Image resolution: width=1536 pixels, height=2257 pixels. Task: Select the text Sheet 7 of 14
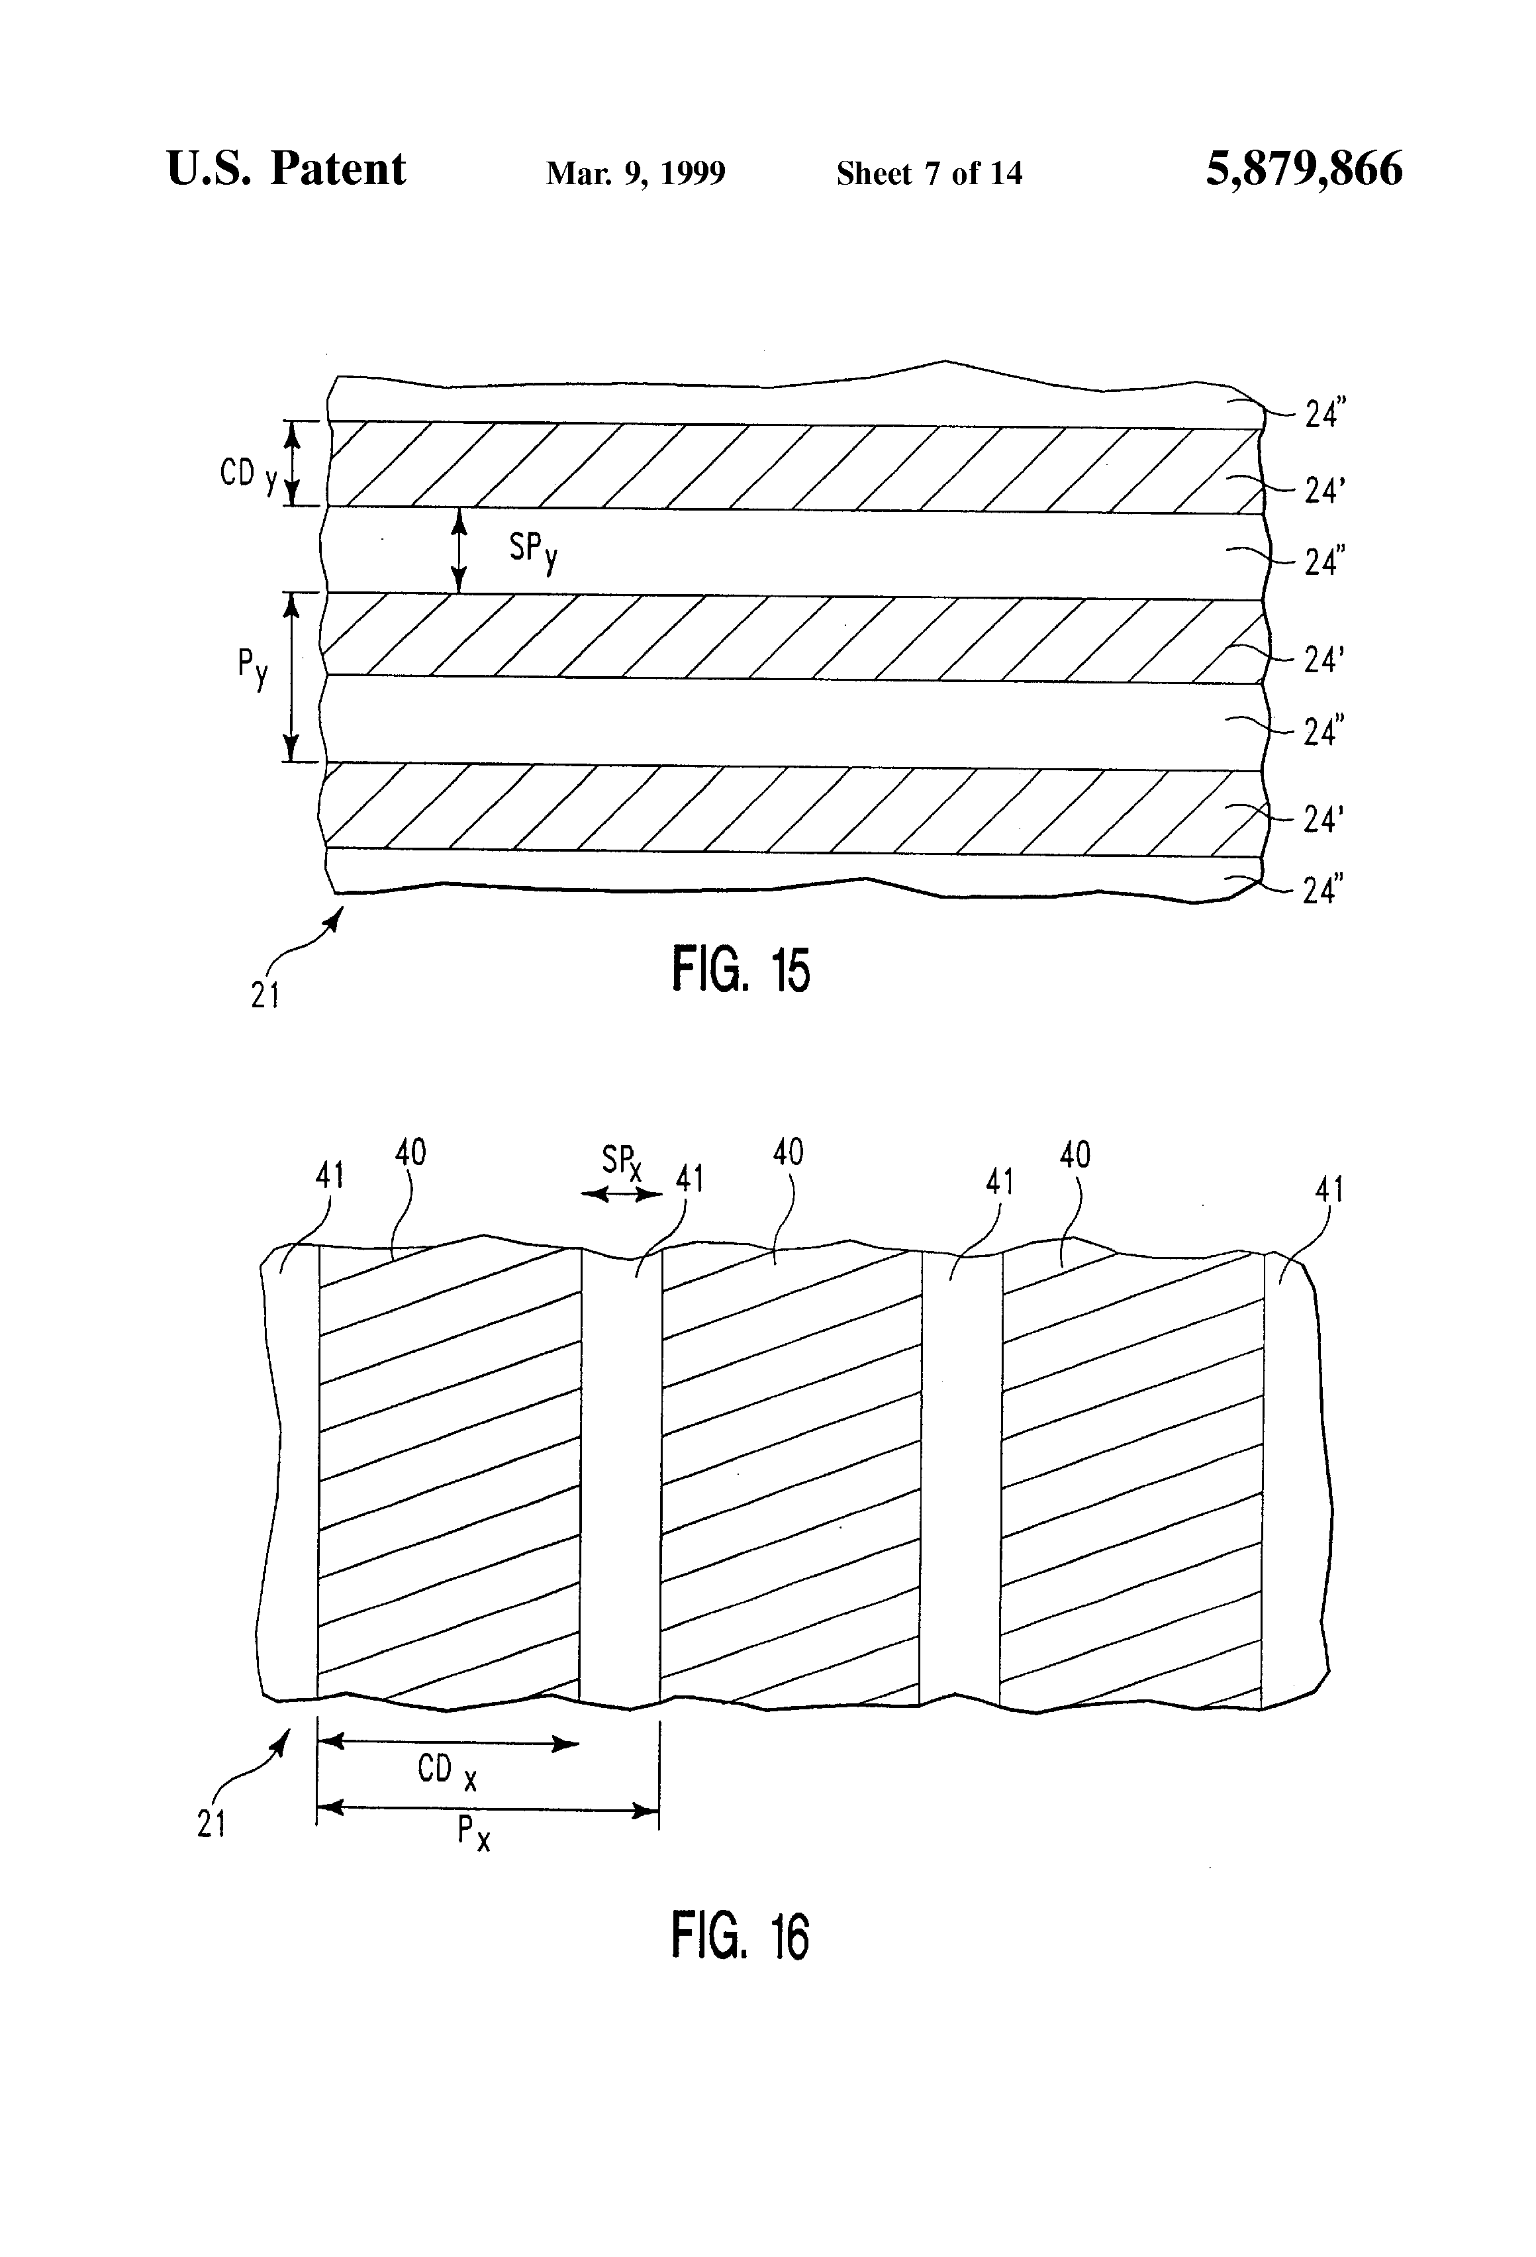click(x=929, y=173)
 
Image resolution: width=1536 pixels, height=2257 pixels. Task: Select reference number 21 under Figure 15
click(x=265, y=995)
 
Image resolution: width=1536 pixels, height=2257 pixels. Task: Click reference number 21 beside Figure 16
click(x=212, y=1825)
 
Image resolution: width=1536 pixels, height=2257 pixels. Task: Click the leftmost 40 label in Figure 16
click(x=410, y=1153)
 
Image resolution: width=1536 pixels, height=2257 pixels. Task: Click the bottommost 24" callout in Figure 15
click(x=1322, y=889)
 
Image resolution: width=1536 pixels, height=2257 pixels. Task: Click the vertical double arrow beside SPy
click(x=460, y=550)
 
